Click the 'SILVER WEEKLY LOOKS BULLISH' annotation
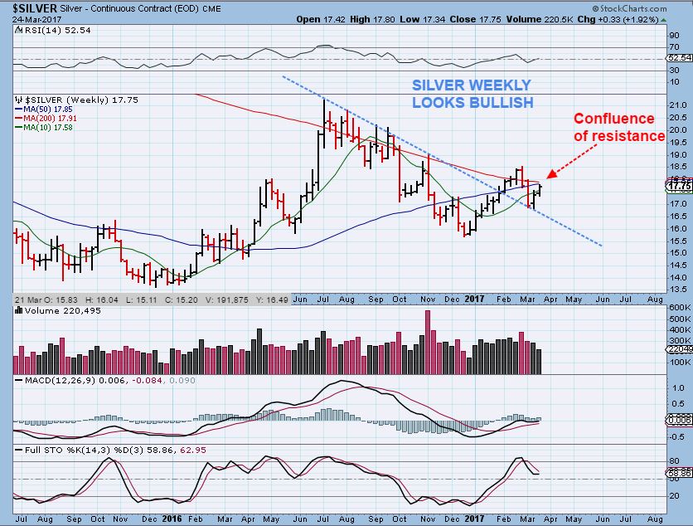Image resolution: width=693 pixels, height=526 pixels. (472, 94)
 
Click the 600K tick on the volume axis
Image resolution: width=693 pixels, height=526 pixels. (677, 308)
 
